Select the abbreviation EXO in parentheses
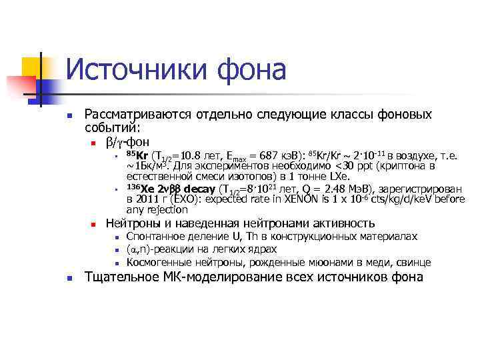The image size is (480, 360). [x=182, y=199]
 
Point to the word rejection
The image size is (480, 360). [x=158, y=209]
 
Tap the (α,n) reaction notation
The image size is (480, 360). [x=140, y=249]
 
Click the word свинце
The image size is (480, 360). [x=414, y=262]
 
